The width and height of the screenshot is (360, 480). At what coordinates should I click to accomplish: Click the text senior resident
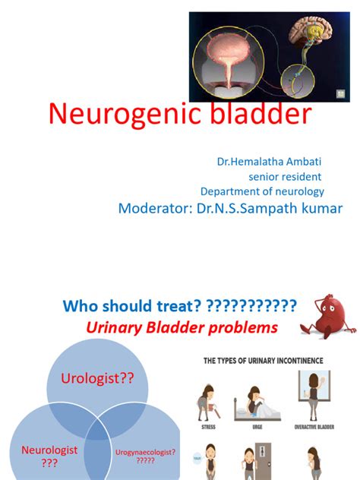click(291, 177)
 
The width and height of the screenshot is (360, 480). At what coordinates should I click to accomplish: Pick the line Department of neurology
click(262, 192)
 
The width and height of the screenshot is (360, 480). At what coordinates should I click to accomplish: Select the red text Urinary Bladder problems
click(182, 329)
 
